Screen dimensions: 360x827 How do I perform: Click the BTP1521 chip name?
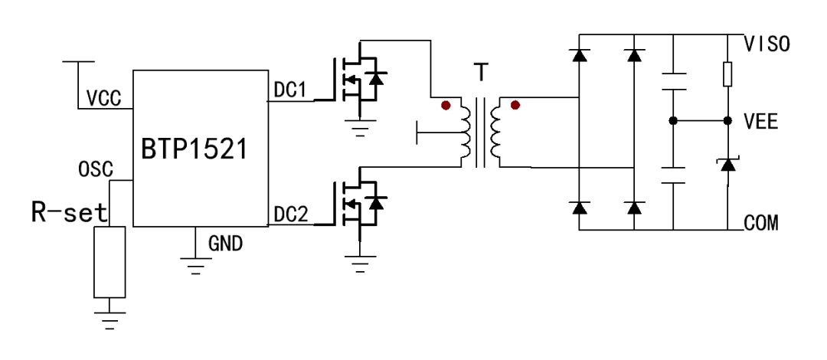coord(194,150)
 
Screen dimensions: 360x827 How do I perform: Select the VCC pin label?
coord(103,98)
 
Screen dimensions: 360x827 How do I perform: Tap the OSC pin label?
coord(94,168)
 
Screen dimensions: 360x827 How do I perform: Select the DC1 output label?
coord(290,90)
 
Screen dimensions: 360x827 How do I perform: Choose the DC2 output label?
coord(290,216)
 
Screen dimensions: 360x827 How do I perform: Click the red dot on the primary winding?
coord(445,105)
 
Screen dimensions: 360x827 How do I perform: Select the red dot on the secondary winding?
coord(515,105)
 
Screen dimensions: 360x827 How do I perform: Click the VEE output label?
coord(761,121)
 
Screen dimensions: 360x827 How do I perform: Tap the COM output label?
coord(761,224)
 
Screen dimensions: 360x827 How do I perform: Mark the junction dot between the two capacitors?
coord(672,121)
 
